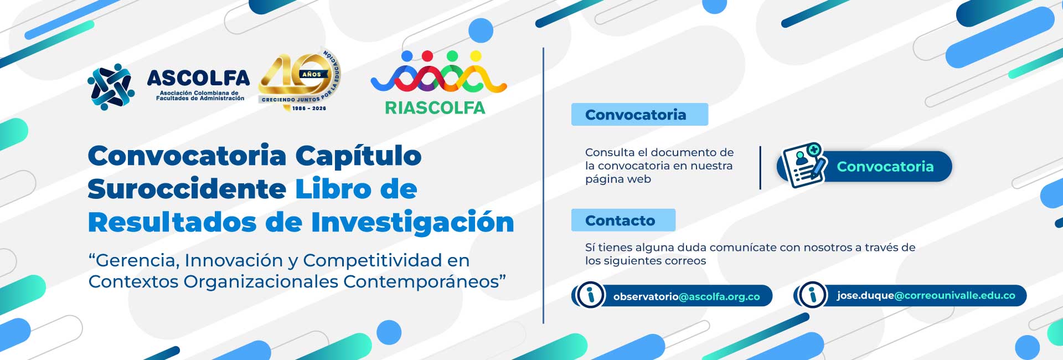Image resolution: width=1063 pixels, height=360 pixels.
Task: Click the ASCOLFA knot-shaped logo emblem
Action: (111, 86)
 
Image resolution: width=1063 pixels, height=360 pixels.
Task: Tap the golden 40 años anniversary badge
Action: (300, 81)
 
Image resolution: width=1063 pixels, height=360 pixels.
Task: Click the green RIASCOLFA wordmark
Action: (435, 107)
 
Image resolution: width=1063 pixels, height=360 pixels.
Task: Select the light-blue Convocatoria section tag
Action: (639, 115)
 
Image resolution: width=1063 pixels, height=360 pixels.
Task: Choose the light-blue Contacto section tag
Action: (623, 220)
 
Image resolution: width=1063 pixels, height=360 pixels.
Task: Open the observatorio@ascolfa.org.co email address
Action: (687, 297)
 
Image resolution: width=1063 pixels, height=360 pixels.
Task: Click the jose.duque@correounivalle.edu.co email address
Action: (926, 296)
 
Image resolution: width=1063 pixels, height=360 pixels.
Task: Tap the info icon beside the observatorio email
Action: (590, 295)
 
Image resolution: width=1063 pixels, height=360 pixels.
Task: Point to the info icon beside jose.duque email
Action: (813, 295)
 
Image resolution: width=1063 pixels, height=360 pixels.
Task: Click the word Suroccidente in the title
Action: (187, 189)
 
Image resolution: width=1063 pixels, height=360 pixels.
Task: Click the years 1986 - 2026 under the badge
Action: (309, 109)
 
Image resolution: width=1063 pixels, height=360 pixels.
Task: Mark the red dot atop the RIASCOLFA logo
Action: (427, 56)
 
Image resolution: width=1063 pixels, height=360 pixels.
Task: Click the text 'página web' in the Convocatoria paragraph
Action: (618, 179)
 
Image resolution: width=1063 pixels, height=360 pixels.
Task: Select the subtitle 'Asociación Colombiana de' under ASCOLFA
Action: (199, 93)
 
